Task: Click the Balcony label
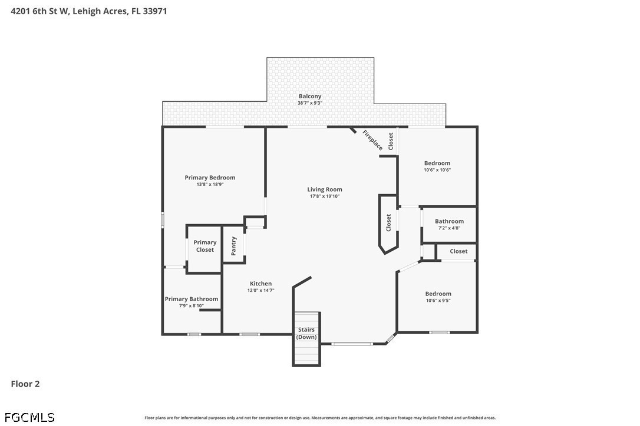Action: (310, 96)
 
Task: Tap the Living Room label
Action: (325, 189)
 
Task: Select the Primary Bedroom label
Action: (210, 178)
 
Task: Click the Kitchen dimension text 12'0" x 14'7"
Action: (260, 290)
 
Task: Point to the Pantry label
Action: (233, 246)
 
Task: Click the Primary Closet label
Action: (205, 246)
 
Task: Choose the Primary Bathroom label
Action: (192, 299)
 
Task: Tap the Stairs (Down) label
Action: (306, 333)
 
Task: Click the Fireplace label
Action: (372, 140)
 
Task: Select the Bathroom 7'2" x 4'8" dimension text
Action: (449, 228)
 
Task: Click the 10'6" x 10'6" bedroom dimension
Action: (437, 169)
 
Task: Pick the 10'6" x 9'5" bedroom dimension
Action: (438, 301)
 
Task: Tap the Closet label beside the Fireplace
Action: (391, 141)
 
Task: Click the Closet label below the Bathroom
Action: (458, 251)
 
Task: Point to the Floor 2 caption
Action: (25, 384)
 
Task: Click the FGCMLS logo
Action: (29, 417)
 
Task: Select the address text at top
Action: (88, 11)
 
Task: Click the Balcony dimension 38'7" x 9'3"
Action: (310, 103)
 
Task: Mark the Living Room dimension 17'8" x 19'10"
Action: (325, 196)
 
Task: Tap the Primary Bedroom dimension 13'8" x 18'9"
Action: (210, 184)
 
